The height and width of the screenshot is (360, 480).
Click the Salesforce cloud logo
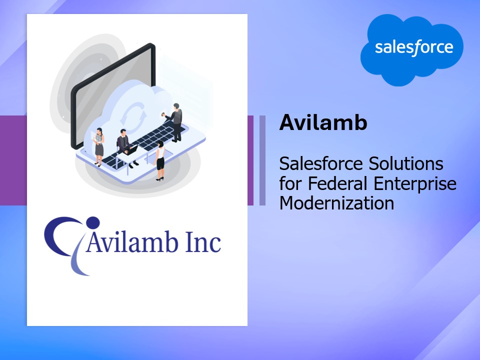click(x=411, y=49)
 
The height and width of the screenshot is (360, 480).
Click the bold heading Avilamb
click(x=323, y=122)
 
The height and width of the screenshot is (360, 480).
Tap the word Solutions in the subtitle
click(x=406, y=163)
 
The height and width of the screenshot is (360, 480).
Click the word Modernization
click(x=336, y=203)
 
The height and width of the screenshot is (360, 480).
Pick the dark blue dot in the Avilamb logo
click(x=93, y=222)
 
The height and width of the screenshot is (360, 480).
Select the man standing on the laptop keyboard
click(x=175, y=122)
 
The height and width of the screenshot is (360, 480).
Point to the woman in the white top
click(x=160, y=160)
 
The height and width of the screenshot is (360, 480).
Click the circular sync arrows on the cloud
click(x=133, y=117)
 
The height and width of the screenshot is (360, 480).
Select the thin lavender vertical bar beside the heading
click(x=262, y=160)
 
